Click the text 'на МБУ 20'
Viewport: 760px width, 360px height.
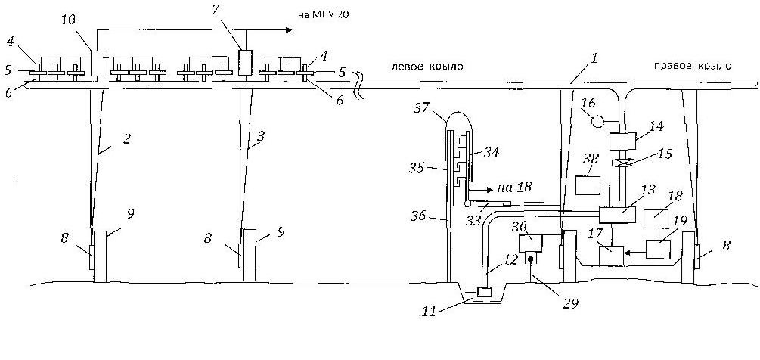click(x=324, y=15)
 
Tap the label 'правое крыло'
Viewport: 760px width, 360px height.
click(x=693, y=67)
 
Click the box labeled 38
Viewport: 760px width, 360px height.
click(x=588, y=185)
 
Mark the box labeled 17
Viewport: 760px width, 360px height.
click(x=612, y=256)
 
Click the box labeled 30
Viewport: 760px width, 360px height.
click(x=531, y=244)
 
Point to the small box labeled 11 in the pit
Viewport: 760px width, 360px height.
click(x=485, y=293)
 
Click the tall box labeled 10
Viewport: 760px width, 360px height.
click(x=98, y=64)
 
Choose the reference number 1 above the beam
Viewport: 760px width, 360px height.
click(x=594, y=59)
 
